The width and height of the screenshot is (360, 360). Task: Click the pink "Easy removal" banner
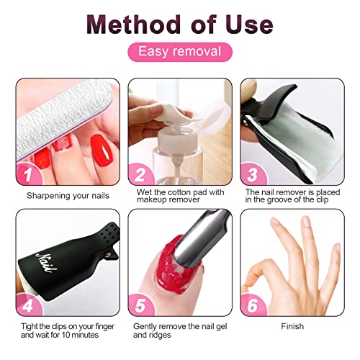[179, 52]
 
